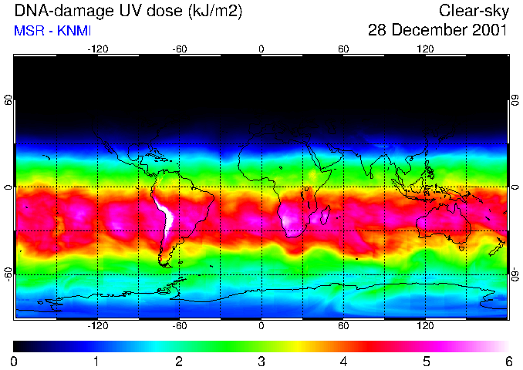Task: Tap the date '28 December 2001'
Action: pos(437,31)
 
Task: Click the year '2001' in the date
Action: pos(490,31)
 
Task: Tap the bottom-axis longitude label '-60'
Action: pos(179,326)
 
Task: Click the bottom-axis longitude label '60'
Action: pos(343,326)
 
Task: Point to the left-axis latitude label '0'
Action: pos(8,187)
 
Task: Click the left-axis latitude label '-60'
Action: pos(8,274)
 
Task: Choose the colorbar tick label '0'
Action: pos(14,361)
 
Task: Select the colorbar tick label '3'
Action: pos(261,361)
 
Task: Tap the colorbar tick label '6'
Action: pos(508,361)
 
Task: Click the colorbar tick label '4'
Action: pos(343,361)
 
